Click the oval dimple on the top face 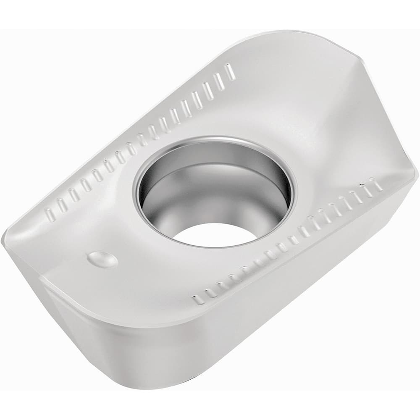pyautogui.click(x=102, y=259)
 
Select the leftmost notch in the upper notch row pyautogui.click(x=50, y=214)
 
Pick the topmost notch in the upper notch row pyautogui.click(x=230, y=71)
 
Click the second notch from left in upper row pyautogui.click(x=62, y=205)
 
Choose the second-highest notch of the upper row pyautogui.click(x=219, y=81)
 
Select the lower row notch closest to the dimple pyautogui.click(x=198, y=299)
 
